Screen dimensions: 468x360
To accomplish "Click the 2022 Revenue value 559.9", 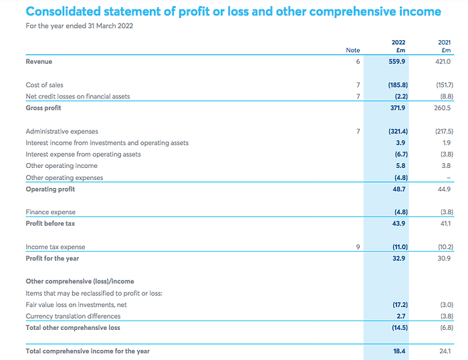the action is (396, 62).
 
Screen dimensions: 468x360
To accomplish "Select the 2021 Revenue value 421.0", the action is (443, 62).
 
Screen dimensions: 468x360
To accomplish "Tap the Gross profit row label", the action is (43, 108).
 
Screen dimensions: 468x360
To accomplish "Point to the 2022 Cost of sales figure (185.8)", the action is (398, 85).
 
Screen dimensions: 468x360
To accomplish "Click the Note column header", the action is (353, 50).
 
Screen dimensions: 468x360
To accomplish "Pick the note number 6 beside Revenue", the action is (358, 62).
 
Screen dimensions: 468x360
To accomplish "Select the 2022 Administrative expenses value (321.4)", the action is (398, 131).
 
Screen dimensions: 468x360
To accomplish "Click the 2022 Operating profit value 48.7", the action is (398, 189).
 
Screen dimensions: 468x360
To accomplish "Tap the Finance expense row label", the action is (50, 212).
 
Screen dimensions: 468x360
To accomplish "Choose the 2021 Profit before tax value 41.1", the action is (445, 223).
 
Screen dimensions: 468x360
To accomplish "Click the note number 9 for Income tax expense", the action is (358, 247).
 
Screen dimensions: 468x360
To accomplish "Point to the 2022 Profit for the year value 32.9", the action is (398, 258).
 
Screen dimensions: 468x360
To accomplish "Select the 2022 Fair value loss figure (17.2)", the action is (400, 304).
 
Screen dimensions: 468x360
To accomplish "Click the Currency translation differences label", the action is (73, 316).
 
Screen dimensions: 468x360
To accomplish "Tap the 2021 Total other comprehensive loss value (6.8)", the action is (447, 328).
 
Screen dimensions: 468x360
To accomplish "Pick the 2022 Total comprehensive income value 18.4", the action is (399, 351).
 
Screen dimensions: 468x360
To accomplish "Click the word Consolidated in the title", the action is (64, 11).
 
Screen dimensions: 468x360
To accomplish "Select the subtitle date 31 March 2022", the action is (110, 26).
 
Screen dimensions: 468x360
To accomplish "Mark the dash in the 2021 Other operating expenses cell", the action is (449, 178).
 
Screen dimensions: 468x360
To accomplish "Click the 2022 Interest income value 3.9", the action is (400, 143).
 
